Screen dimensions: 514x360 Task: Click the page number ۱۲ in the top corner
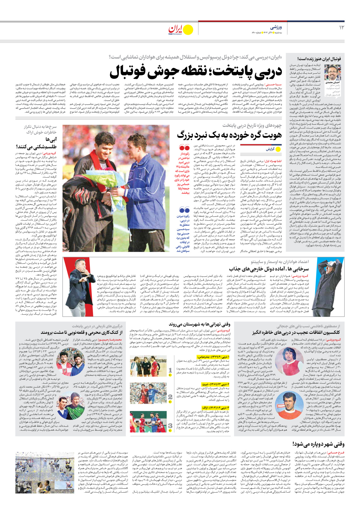(x=342, y=27)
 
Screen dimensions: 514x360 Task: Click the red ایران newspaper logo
(x=175, y=29)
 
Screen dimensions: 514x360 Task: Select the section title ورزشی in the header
(x=276, y=27)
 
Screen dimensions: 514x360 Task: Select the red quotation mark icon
(x=184, y=148)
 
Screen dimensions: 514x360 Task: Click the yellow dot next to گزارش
(x=278, y=149)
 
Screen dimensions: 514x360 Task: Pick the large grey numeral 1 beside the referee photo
(x=170, y=370)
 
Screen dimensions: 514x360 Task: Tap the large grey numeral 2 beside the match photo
(x=170, y=397)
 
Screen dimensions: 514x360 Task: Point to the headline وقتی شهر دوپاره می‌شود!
(x=318, y=444)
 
